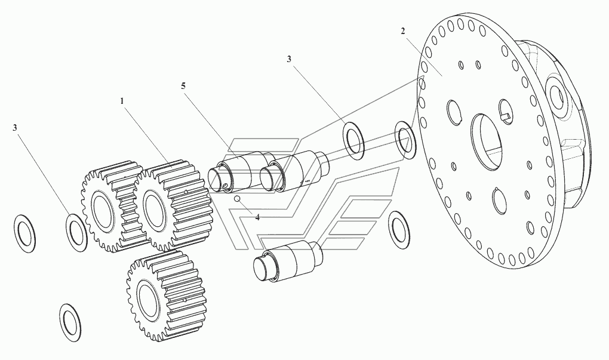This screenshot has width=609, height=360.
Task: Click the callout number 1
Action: (122, 101)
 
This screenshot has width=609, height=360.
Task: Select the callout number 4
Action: (257, 217)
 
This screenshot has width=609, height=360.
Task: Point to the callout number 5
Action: (183, 86)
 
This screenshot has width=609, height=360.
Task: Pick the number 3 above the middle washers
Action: (289, 59)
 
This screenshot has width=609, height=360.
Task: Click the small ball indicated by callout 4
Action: (238, 199)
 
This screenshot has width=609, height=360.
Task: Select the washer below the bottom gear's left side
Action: (71, 322)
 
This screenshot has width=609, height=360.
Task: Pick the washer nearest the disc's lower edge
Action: (399, 227)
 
